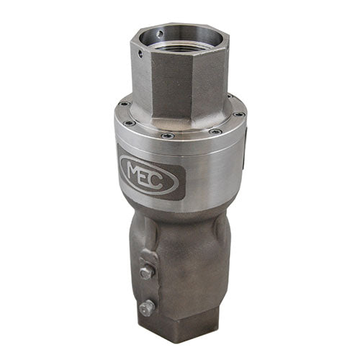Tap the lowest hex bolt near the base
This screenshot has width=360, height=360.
147,307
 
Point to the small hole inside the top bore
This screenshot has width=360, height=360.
160,35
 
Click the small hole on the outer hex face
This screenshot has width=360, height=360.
140,54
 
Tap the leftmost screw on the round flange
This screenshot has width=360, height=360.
125,104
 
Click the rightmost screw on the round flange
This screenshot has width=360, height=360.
240,114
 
